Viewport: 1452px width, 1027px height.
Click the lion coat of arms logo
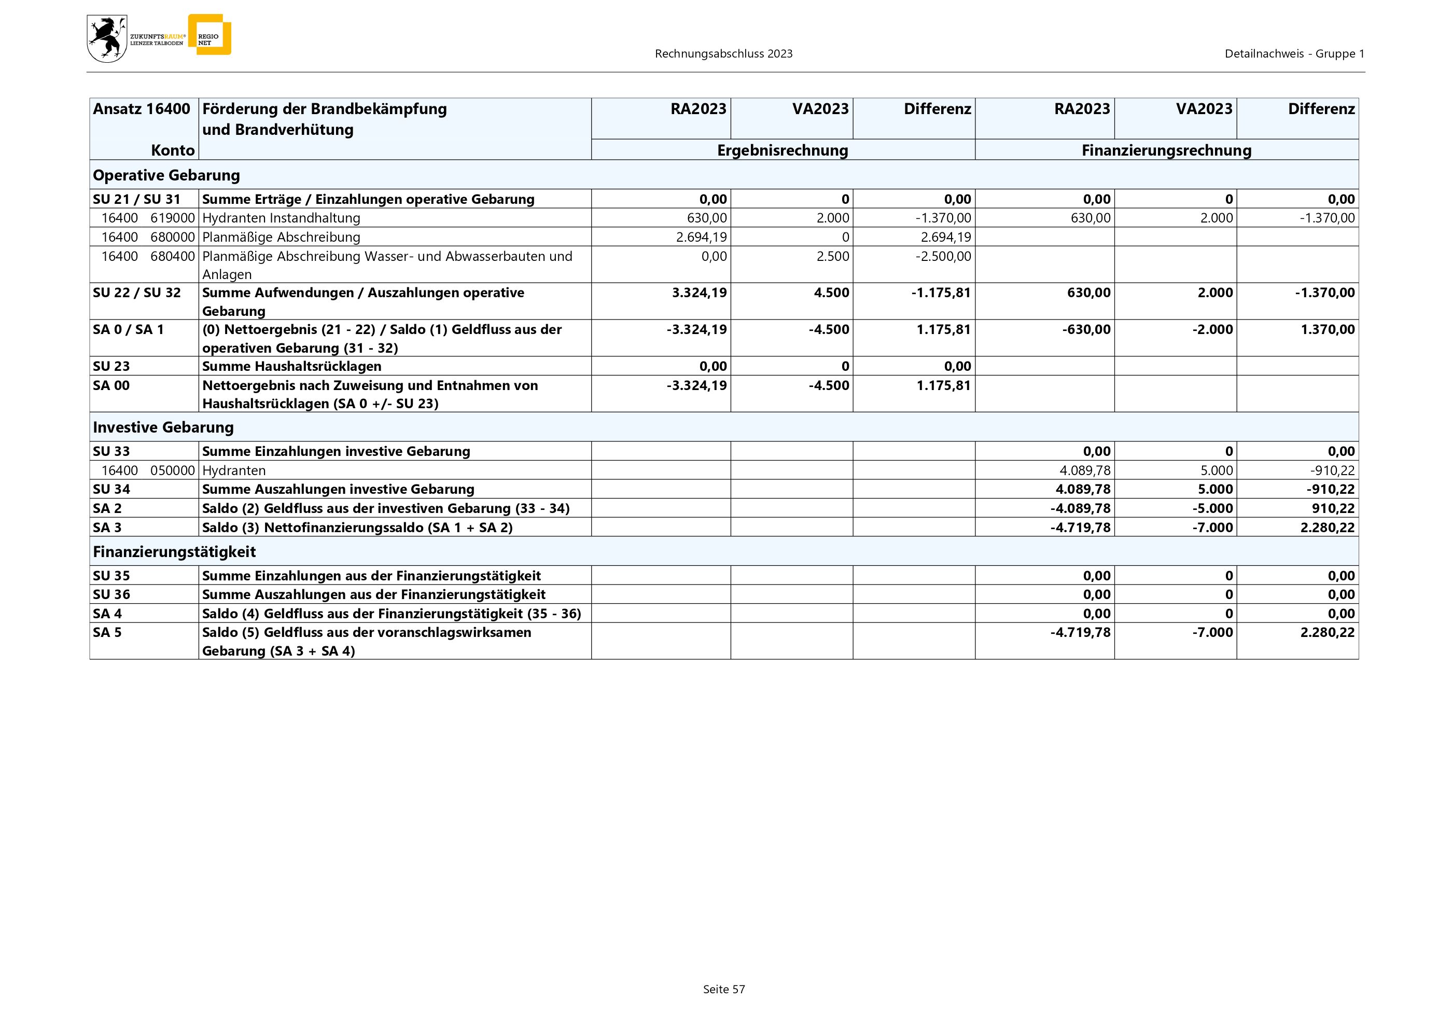point(107,38)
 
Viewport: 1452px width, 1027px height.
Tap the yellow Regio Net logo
point(210,35)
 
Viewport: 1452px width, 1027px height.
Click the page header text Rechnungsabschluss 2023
point(723,54)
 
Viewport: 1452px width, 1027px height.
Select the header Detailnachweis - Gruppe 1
point(1294,54)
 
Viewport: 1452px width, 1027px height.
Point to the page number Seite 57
point(724,989)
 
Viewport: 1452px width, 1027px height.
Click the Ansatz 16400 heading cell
point(142,109)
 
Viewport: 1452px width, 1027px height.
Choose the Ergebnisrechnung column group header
point(783,150)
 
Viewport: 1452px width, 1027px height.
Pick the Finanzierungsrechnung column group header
point(1166,150)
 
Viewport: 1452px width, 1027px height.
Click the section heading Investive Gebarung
point(163,427)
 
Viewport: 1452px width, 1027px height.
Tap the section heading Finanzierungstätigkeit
point(175,552)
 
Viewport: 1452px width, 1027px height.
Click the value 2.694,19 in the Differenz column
point(945,237)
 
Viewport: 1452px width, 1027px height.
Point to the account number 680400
point(173,256)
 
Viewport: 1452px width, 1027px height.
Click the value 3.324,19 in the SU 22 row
point(700,293)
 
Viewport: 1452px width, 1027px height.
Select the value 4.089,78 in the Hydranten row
point(1085,470)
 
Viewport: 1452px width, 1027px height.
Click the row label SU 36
point(111,594)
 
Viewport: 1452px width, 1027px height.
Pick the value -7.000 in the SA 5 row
point(1212,632)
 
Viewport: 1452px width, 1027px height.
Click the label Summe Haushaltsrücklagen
point(291,367)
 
